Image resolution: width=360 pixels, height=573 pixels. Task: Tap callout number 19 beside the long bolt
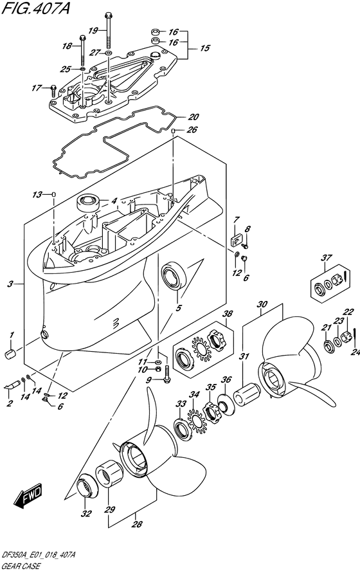click(x=93, y=30)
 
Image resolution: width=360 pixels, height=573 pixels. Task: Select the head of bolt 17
click(x=54, y=88)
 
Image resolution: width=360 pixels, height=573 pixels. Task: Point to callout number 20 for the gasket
click(x=194, y=117)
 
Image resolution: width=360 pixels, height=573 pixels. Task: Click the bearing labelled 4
click(x=87, y=202)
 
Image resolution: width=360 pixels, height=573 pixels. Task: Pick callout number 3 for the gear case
click(x=11, y=284)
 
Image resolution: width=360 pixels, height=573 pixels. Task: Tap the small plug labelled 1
click(x=10, y=354)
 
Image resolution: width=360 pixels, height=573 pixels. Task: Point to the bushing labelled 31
click(x=247, y=396)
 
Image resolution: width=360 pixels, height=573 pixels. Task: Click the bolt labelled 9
click(x=167, y=374)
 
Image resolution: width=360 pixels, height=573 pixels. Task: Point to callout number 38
click(x=228, y=314)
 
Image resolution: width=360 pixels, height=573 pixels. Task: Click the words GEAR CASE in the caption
click(x=21, y=567)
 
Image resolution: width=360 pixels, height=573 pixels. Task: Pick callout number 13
click(x=37, y=195)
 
